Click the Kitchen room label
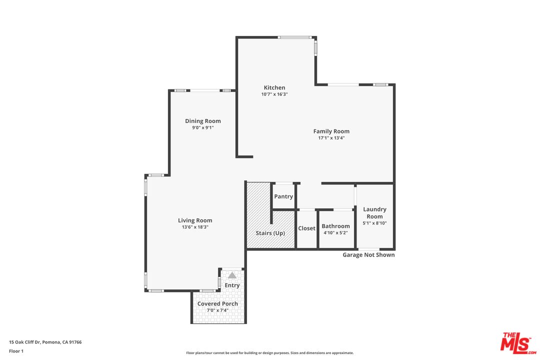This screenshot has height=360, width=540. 274,87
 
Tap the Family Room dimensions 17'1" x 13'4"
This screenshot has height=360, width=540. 331,138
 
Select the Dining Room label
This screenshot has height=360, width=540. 202,121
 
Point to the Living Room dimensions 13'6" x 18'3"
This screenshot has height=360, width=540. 195,227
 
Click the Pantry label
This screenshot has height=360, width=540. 283,196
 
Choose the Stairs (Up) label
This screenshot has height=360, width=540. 270,233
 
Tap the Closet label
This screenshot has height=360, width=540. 306,228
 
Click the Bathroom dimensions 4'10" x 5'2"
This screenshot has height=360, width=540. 335,232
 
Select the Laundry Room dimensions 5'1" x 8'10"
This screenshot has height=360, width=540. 374,223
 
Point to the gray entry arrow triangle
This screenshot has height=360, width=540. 232,275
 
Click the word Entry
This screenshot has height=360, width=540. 232,285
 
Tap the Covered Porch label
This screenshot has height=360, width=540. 217,303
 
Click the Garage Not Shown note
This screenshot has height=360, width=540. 368,255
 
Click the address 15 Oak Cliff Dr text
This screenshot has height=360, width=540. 45,342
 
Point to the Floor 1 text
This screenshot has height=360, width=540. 16,351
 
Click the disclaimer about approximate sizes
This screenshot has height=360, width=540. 269,353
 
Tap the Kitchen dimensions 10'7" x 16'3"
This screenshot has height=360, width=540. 274,94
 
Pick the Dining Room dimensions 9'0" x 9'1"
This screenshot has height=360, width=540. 202,127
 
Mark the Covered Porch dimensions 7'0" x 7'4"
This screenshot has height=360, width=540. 217,310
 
